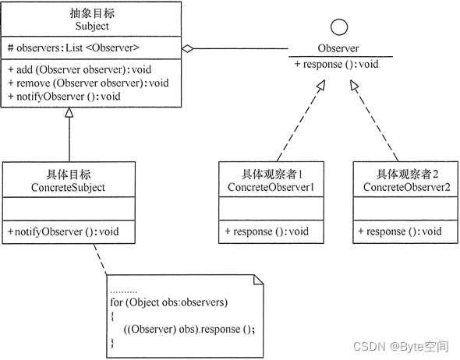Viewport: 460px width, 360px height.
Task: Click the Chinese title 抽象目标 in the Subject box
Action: click(x=94, y=12)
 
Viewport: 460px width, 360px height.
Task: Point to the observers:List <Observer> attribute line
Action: click(x=73, y=48)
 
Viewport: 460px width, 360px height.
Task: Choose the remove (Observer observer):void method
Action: click(x=87, y=83)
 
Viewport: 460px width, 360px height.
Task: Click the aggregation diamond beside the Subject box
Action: click(x=187, y=48)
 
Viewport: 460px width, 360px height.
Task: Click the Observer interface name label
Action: click(x=338, y=49)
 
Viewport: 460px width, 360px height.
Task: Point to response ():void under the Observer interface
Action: click(x=336, y=64)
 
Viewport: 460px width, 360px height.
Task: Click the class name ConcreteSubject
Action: click(x=69, y=187)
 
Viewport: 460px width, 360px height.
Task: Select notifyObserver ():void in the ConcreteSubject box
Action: click(x=64, y=231)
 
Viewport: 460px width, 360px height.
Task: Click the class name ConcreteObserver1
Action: click(x=271, y=187)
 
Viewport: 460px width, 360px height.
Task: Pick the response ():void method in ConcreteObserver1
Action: click(x=267, y=231)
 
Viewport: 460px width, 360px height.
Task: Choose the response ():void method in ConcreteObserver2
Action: click(x=400, y=231)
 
